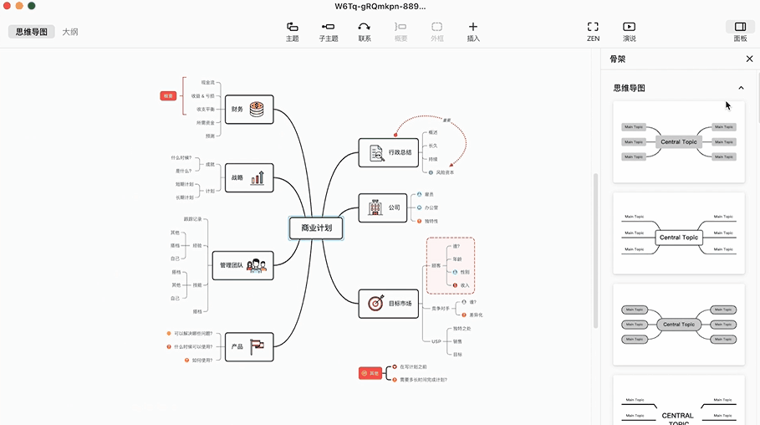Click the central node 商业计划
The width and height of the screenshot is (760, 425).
pyautogui.click(x=316, y=227)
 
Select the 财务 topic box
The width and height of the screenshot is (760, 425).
pyautogui.click(x=249, y=110)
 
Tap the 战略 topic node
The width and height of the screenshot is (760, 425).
pyautogui.click(x=249, y=177)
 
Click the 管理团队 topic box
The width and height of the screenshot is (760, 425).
pyautogui.click(x=242, y=265)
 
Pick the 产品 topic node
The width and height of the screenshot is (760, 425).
pyautogui.click(x=249, y=346)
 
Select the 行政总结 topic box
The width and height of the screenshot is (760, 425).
pyautogui.click(x=388, y=152)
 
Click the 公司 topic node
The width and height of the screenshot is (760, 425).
pyautogui.click(x=382, y=207)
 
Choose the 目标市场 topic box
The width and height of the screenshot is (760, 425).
pyautogui.click(x=388, y=304)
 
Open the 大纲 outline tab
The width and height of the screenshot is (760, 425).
pyautogui.click(x=70, y=32)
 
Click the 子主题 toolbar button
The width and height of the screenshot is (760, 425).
pyautogui.click(x=328, y=32)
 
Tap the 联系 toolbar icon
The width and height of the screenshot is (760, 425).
pyautogui.click(x=365, y=32)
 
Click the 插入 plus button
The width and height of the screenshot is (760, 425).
pyautogui.click(x=473, y=32)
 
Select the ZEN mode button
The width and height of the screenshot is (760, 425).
pyautogui.click(x=593, y=32)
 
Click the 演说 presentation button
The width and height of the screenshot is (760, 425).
pyautogui.click(x=630, y=32)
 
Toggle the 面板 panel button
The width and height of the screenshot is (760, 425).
pyautogui.click(x=740, y=32)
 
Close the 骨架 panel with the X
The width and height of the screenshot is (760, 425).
pyautogui.click(x=749, y=59)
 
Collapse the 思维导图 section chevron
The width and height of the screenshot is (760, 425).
pyautogui.click(x=741, y=88)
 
